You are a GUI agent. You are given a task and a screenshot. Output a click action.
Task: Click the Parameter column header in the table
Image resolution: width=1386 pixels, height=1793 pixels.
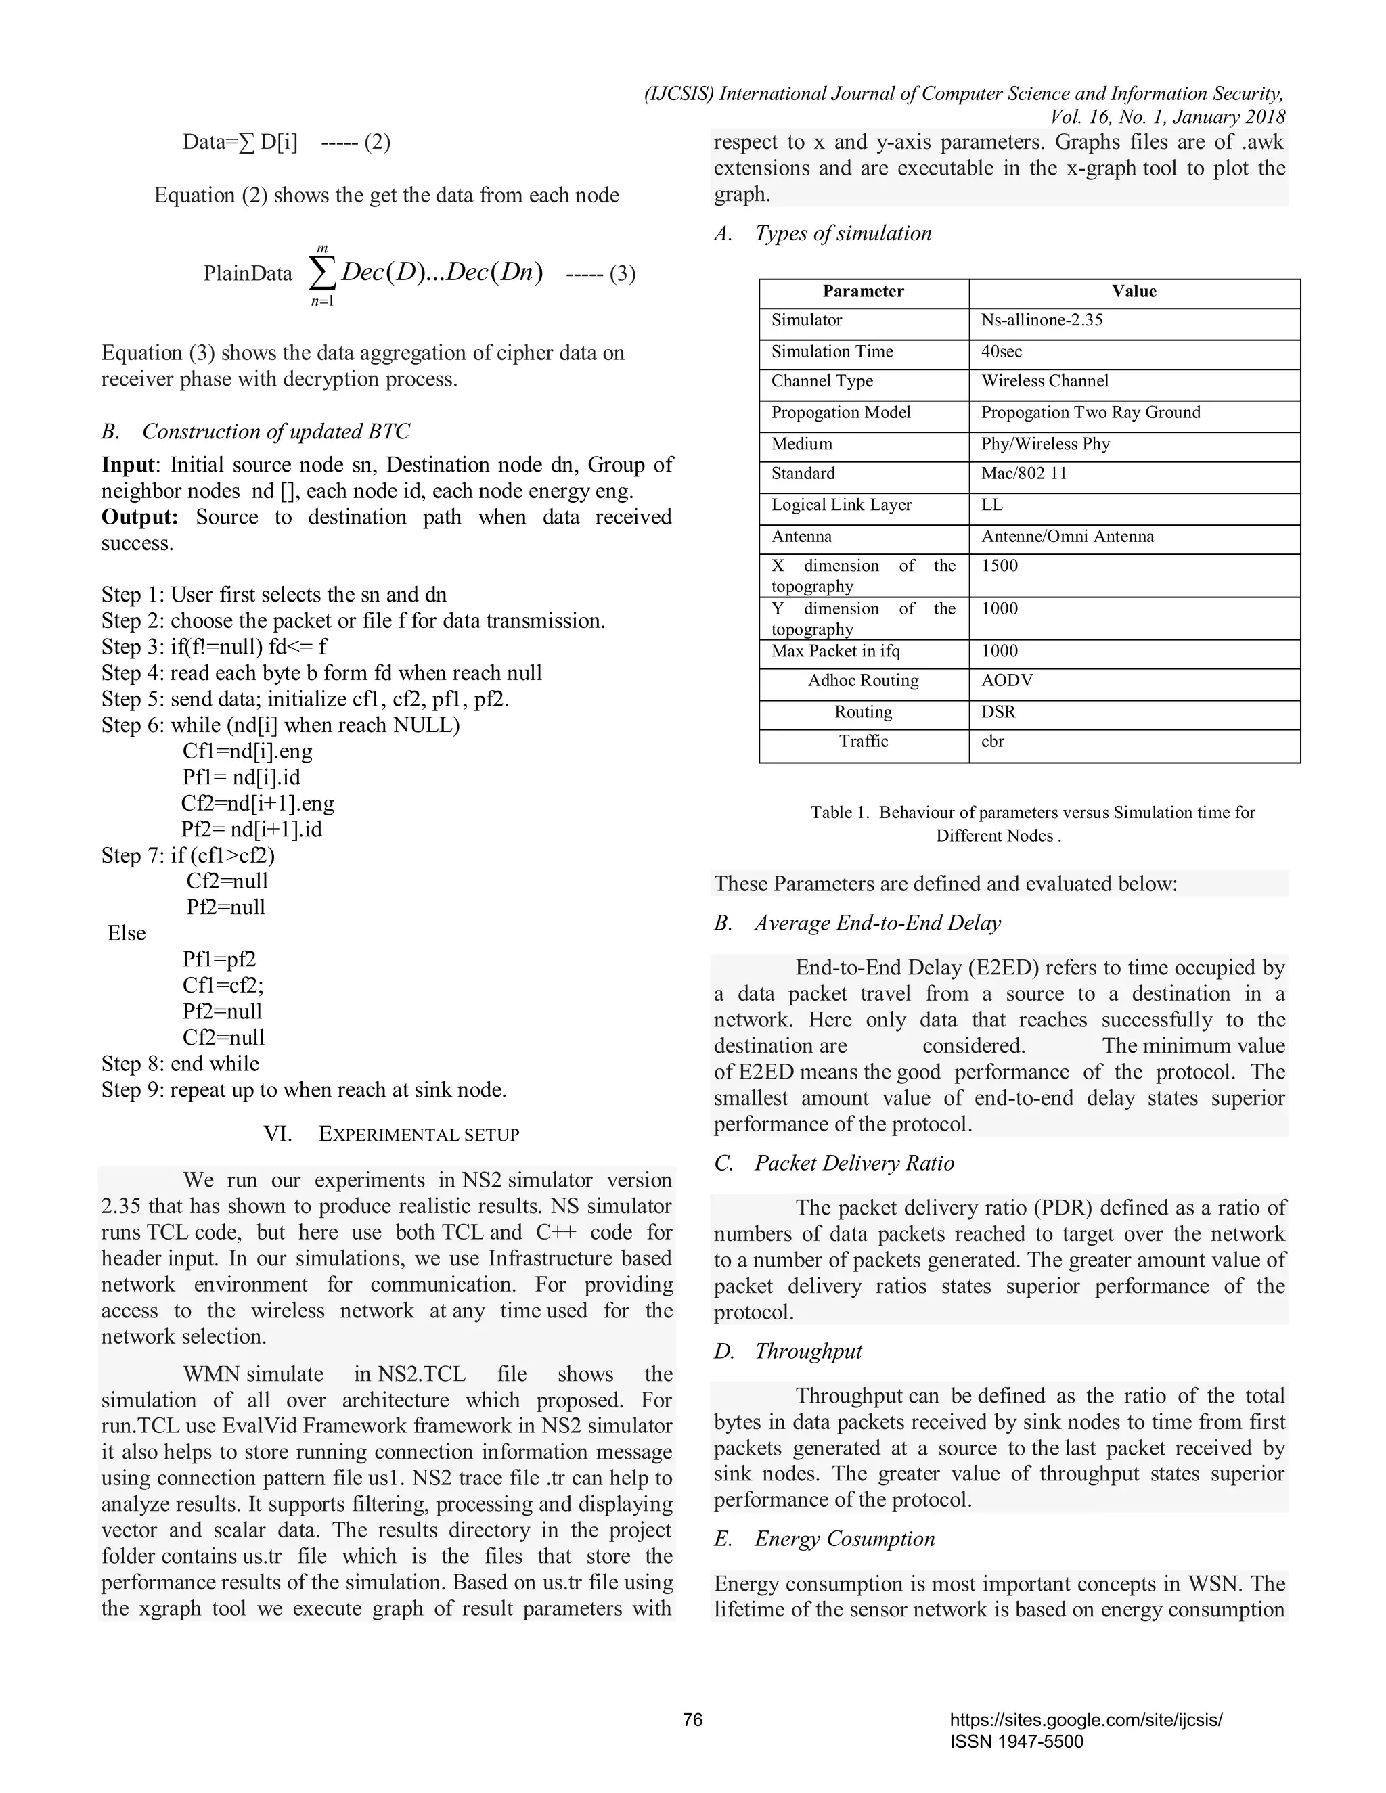(x=863, y=292)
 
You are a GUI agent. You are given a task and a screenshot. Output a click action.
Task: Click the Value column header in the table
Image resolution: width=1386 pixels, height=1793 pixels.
(x=1134, y=292)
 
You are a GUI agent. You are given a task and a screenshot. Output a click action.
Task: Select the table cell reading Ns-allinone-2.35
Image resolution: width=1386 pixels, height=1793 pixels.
(x=1041, y=320)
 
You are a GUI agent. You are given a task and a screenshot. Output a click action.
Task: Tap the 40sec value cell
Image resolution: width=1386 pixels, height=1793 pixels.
(x=1002, y=351)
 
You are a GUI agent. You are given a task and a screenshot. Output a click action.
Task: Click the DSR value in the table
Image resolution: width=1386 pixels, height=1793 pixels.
(x=998, y=712)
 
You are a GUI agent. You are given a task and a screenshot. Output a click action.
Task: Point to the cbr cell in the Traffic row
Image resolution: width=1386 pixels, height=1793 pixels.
(x=993, y=742)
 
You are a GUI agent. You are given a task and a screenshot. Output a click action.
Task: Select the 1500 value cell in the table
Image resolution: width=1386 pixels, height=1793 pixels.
(x=1000, y=566)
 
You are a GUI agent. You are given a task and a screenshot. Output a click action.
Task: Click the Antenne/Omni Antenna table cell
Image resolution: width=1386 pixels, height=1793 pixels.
(x=1067, y=536)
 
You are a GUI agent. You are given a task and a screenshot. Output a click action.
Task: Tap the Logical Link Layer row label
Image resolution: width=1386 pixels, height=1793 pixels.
(x=841, y=505)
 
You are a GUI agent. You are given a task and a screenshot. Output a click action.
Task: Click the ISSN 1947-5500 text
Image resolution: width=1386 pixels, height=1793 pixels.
(x=1016, y=1742)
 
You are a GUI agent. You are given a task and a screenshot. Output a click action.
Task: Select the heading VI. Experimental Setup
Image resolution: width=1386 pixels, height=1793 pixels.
(x=392, y=1135)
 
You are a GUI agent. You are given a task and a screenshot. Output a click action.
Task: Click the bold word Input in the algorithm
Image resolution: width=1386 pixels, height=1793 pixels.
(x=127, y=465)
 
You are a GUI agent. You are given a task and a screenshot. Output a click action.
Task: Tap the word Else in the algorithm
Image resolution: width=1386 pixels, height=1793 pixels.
(x=127, y=934)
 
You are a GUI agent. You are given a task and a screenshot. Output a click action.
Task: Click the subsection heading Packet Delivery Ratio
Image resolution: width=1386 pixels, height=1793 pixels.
(x=854, y=1163)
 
